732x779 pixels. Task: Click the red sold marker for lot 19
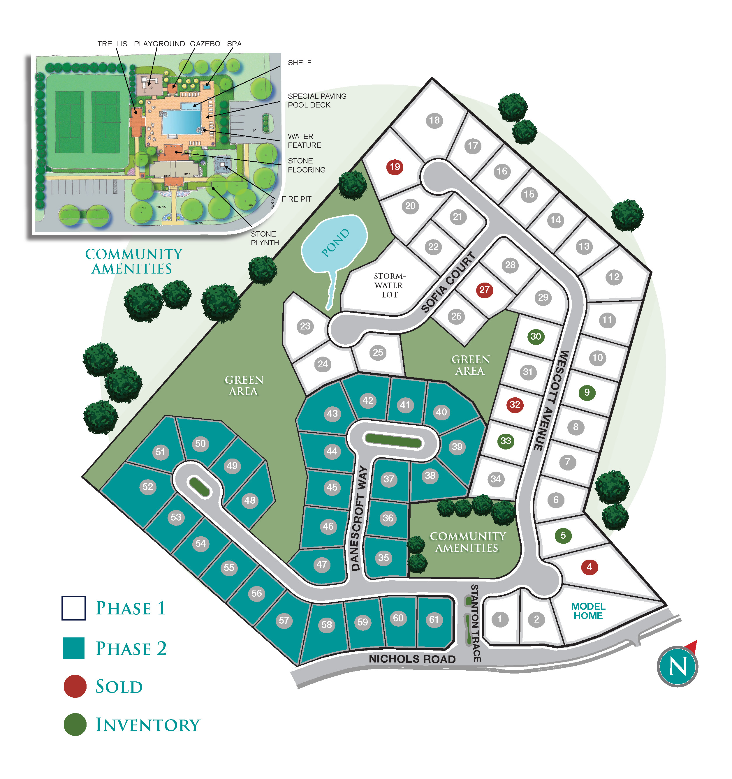pos(395,167)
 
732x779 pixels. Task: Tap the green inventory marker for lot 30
pos(536,336)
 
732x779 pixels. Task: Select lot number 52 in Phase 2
pos(148,487)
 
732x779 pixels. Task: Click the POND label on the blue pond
pos(335,243)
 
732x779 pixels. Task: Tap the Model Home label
pos(588,611)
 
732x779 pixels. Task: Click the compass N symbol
pos(678,667)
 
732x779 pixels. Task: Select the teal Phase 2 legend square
pos(74,648)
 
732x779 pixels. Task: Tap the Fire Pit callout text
pos(296,199)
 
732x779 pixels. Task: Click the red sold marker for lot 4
pos(590,567)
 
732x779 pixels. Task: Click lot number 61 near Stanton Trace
pos(434,620)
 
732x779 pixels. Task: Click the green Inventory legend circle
pos(75,725)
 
